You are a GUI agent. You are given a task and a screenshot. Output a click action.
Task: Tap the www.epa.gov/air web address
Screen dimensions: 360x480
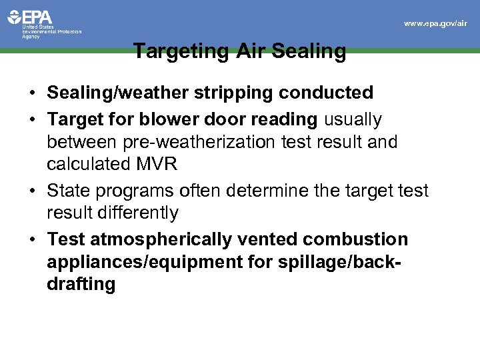(x=435, y=23)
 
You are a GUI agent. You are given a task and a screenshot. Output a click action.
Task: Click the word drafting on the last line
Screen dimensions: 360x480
(x=81, y=285)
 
